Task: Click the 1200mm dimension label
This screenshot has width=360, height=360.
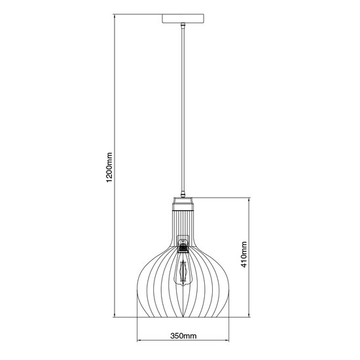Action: (x=109, y=167)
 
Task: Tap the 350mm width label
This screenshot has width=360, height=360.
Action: (x=183, y=336)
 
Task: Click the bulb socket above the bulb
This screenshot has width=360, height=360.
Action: (x=183, y=247)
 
